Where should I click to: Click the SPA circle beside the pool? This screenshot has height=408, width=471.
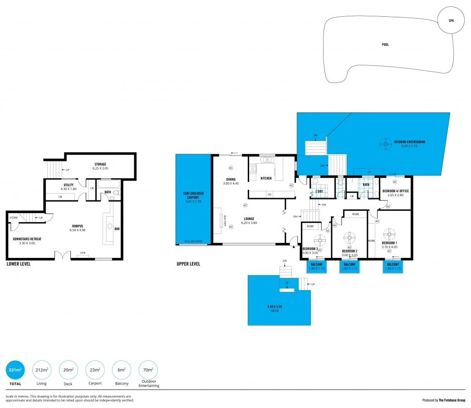(x=451, y=21)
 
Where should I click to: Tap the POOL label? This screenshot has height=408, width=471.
(x=385, y=44)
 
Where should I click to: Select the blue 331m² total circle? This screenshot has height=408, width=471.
(x=15, y=370)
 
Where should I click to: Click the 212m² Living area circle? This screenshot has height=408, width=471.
(x=42, y=370)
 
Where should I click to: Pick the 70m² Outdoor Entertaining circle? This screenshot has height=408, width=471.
(x=148, y=370)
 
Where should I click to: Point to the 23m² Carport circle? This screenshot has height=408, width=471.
(x=95, y=370)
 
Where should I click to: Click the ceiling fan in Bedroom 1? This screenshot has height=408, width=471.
(x=389, y=234)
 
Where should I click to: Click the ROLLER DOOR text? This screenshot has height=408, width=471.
(x=193, y=242)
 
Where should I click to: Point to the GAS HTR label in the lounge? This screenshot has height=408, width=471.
(x=225, y=220)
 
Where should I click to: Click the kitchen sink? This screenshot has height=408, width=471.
(x=267, y=160)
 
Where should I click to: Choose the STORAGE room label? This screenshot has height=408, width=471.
(x=101, y=165)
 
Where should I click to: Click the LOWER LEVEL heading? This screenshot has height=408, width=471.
(x=19, y=264)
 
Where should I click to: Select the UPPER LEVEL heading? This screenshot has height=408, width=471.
(x=188, y=264)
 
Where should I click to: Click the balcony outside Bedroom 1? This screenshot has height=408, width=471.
(x=393, y=267)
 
